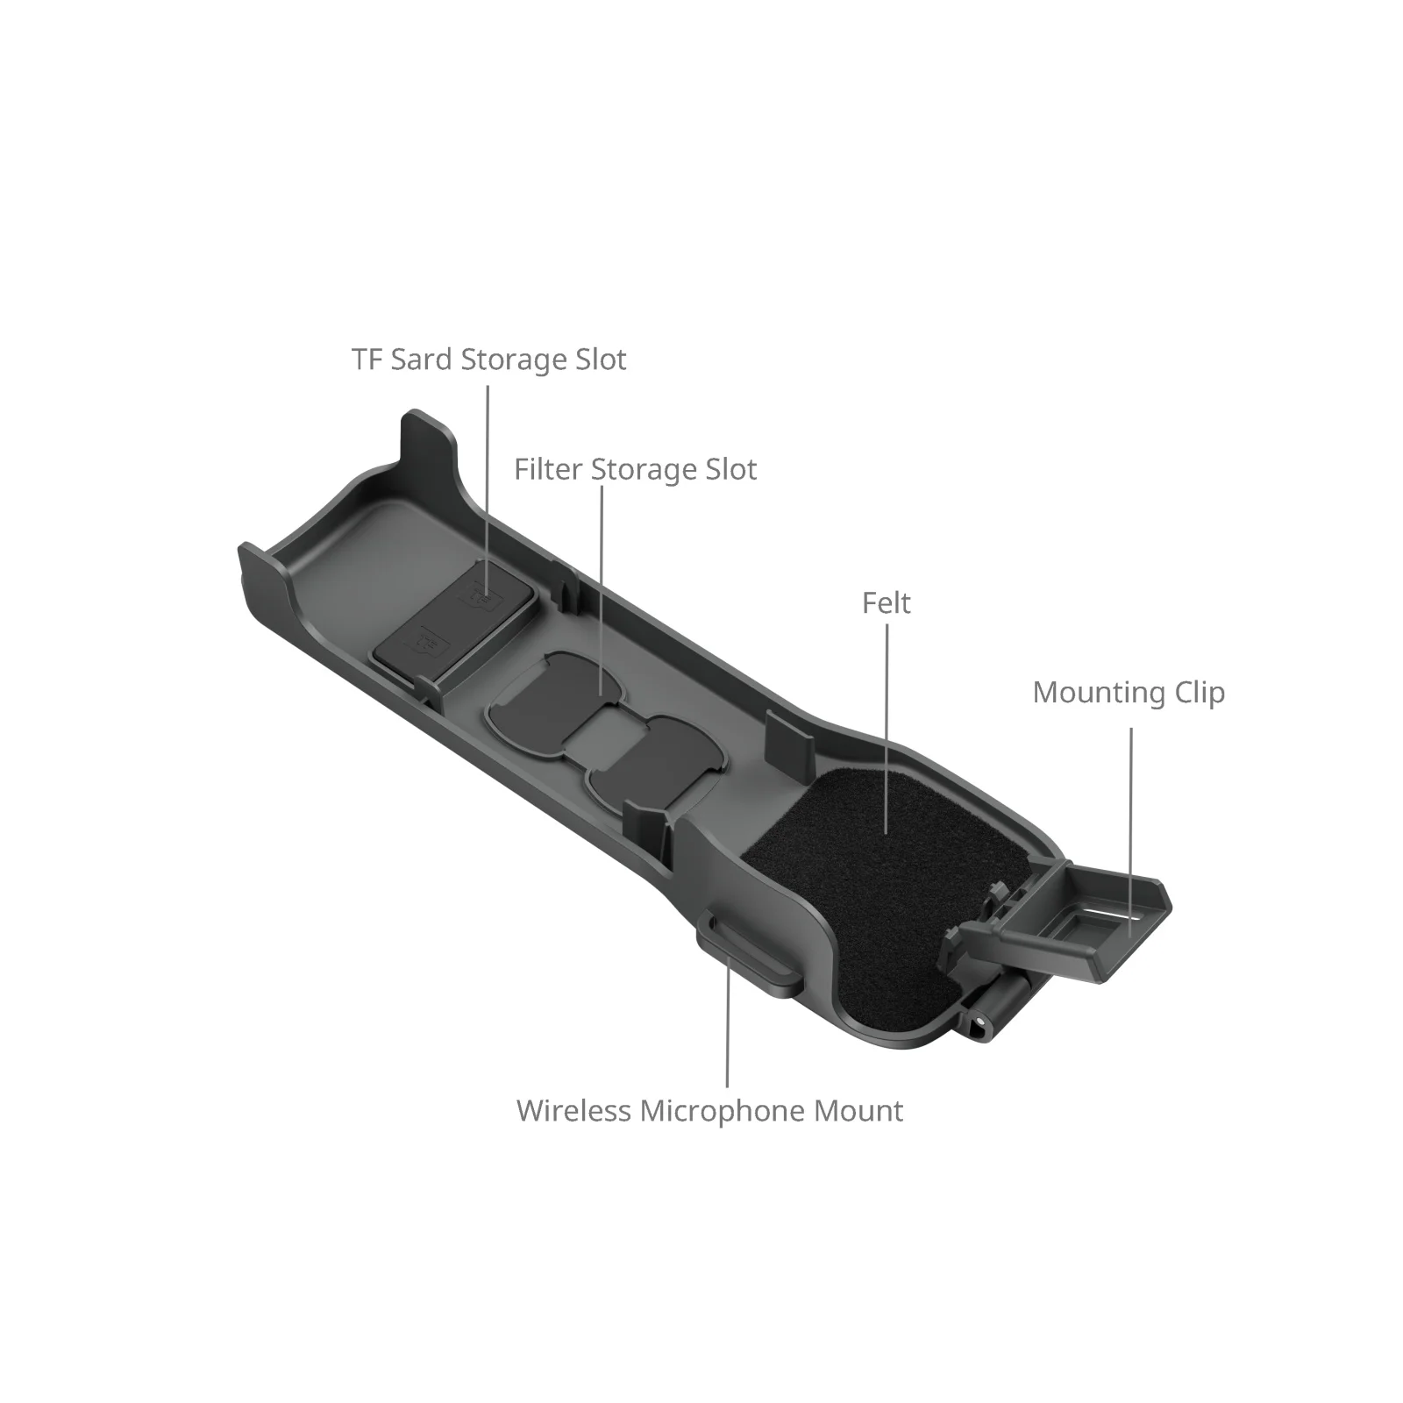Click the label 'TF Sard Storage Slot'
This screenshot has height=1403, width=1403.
(488, 360)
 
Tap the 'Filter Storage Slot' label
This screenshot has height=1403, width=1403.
(635, 469)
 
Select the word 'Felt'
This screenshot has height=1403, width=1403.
(886, 603)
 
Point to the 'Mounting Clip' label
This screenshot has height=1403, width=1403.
(1128, 693)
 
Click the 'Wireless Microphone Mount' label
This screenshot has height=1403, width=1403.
(709, 1111)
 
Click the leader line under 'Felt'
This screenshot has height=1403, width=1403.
(886, 728)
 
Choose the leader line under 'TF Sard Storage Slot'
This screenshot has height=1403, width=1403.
(488, 482)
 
